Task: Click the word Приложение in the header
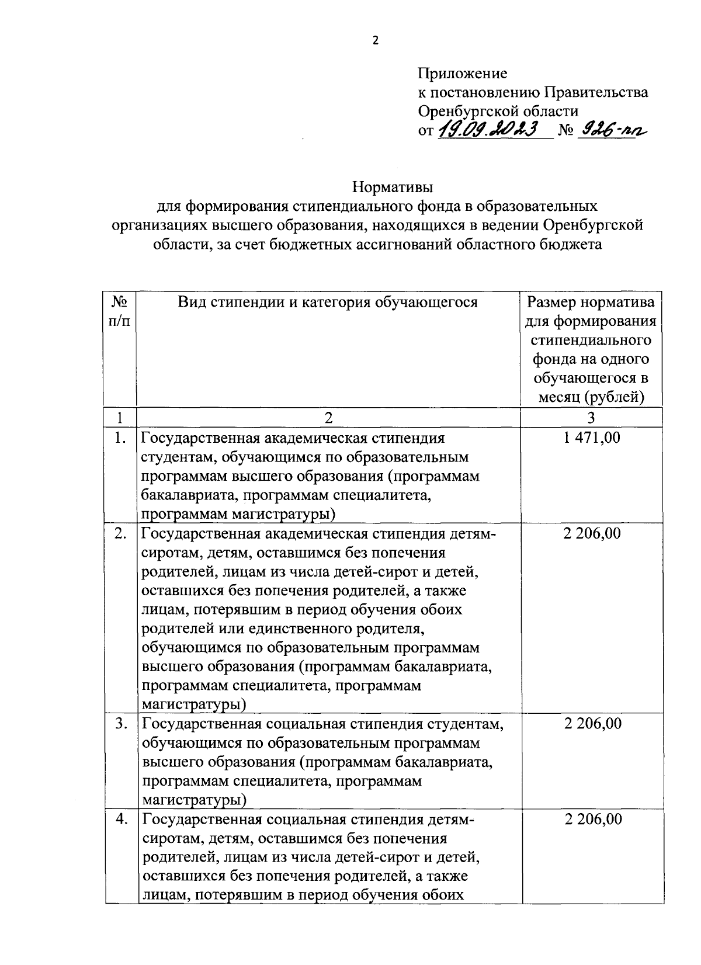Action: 462,74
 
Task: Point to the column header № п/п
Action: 120,311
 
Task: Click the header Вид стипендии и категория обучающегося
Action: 328,302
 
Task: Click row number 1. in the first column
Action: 120,438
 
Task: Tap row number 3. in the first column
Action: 120,724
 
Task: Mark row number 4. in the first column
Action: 120,819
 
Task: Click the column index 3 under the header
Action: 591,417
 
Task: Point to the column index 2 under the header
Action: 328,417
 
